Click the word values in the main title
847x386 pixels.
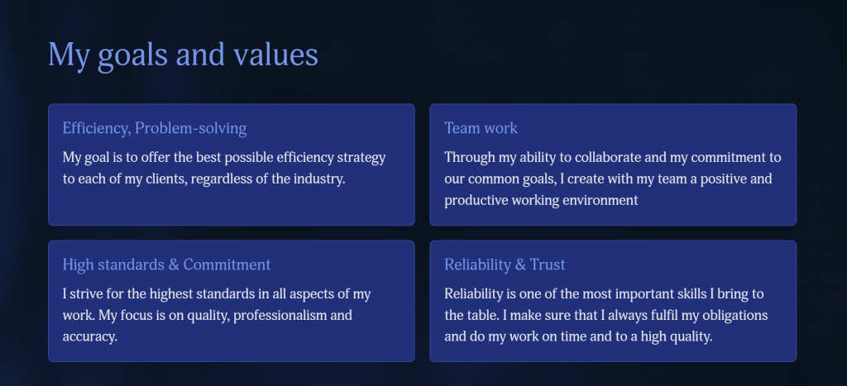tap(275, 55)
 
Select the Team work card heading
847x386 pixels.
tap(481, 128)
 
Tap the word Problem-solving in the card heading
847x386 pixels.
tap(191, 128)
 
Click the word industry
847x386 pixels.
tap(319, 179)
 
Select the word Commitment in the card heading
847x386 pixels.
tap(227, 264)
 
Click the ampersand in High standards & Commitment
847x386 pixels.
tap(174, 264)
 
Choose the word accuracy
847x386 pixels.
tap(89, 337)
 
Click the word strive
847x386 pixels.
tap(85, 294)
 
